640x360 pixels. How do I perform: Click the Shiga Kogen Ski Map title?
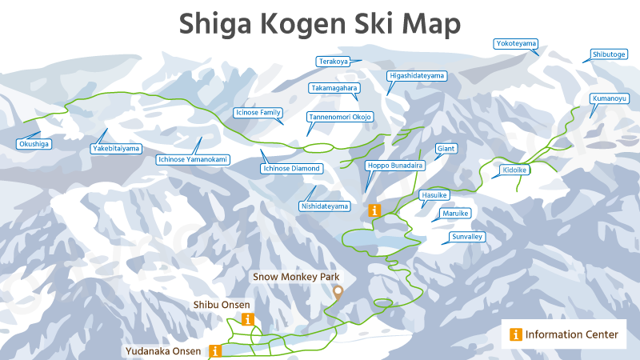point(320,23)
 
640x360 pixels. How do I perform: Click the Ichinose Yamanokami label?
point(192,159)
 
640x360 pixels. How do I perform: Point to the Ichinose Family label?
point(258,113)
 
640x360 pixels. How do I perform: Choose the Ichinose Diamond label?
point(292,169)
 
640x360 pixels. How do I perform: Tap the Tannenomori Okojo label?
point(339,117)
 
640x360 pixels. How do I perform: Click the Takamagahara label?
point(333,87)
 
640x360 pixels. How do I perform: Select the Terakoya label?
point(334,61)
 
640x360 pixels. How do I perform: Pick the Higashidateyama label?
point(416,75)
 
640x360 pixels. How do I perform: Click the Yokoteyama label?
point(516,42)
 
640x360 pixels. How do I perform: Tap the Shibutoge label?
point(609,54)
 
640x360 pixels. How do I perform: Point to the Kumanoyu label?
point(609,98)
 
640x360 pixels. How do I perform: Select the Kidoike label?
point(515,170)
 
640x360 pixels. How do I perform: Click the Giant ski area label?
point(446,148)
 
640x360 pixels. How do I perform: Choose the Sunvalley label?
point(468,237)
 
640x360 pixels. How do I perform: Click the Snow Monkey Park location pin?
point(338,292)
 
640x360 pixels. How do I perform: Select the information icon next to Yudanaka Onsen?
point(214,350)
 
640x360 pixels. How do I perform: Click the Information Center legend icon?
point(516,334)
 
